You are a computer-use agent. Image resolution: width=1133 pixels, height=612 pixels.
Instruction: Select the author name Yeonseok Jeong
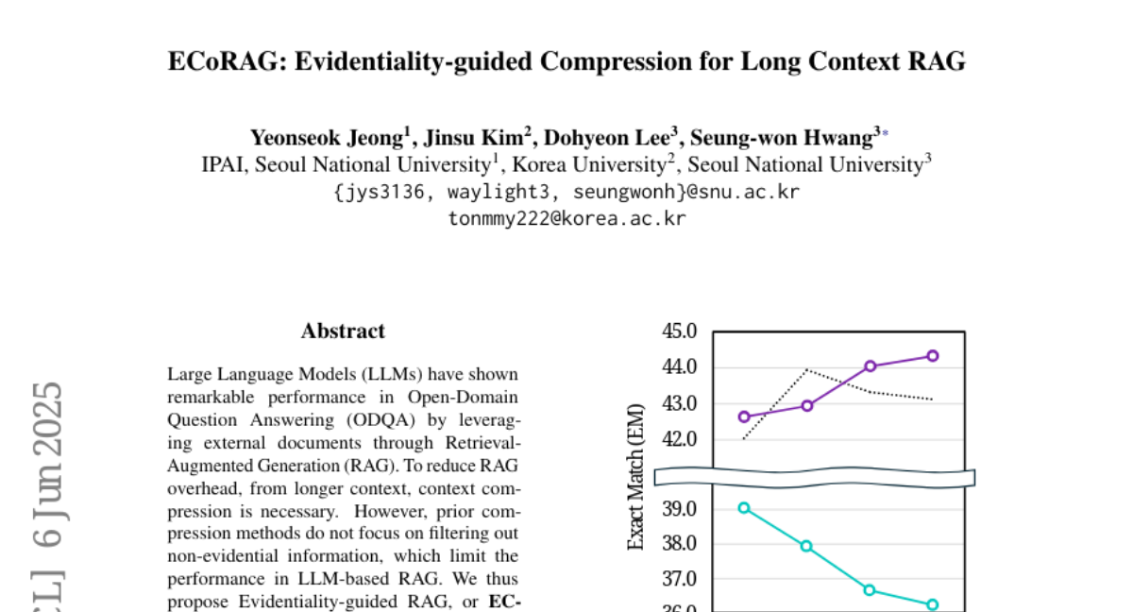point(326,138)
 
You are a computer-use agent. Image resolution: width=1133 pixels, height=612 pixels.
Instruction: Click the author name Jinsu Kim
point(471,138)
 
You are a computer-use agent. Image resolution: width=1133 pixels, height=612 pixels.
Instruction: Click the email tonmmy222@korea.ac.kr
point(566,218)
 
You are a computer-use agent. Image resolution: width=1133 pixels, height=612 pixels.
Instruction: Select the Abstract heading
point(343,331)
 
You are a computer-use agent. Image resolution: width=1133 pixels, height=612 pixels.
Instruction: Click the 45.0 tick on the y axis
point(680,331)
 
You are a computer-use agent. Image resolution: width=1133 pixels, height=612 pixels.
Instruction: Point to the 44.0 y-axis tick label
point(680,367)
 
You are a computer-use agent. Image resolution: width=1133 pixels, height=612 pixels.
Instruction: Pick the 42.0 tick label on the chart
point(680,439)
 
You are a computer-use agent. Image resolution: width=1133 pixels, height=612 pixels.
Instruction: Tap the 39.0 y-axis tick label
point(680,509)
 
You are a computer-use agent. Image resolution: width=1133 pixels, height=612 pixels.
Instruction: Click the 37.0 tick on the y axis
point(680,578)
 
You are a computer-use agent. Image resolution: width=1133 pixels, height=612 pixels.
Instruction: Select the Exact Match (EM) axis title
point(636,476)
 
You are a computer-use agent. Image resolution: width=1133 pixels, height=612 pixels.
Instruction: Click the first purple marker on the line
point(744,416)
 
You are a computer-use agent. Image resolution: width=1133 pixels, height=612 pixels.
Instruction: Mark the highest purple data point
point(933,356)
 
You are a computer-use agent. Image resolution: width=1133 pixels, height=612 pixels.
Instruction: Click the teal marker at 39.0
point(744,508)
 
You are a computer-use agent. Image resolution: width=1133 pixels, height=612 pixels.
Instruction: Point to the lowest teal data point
point(933,604)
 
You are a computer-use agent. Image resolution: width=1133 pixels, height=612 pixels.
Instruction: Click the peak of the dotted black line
point(806,369)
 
